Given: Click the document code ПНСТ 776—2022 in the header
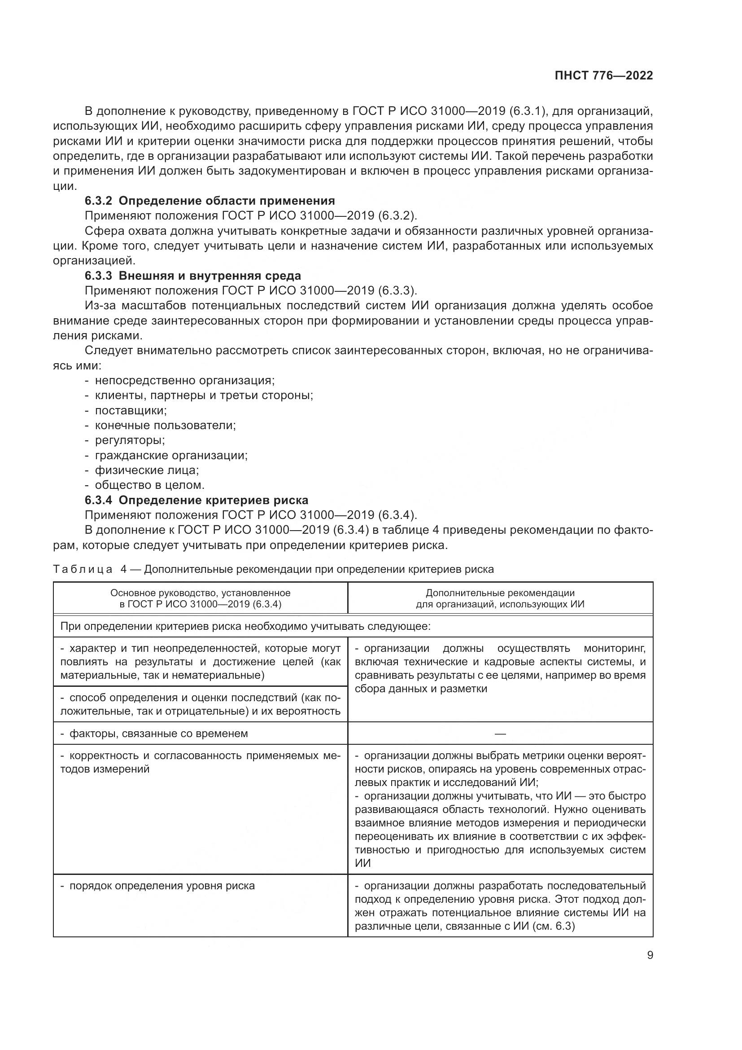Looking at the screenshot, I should point(603,75).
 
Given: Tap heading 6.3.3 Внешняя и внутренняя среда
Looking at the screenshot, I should point(193,276).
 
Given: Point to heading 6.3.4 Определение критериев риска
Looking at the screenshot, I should point(196,500).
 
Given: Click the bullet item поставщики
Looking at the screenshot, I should point(131,410).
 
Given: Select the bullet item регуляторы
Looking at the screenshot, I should point(130,440).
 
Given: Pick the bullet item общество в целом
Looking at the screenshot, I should point(149,485).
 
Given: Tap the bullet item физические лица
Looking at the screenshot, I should point(147,470).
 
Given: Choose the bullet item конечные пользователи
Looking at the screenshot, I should point(165,425).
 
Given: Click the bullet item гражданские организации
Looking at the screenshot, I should point(171,455).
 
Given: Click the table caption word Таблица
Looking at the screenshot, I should point(83,569).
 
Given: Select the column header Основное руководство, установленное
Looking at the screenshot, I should point(200,593).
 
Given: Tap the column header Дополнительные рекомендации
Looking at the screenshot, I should point(500,593).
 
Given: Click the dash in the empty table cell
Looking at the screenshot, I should point(500,734).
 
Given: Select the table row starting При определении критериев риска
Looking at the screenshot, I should point(245,626).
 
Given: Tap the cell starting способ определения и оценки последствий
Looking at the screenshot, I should point(200,704).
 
